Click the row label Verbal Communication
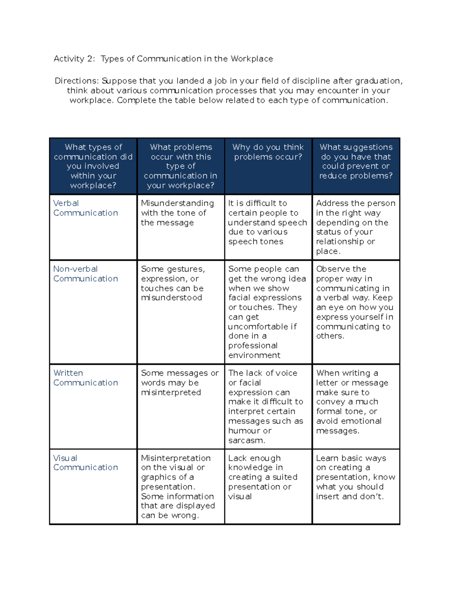point(85,208)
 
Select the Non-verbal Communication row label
point(85,274)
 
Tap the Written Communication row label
point(85,378)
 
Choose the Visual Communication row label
point(85,462)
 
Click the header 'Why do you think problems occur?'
point(268,152)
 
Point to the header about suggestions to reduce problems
point(356,162)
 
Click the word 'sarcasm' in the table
point(246,440)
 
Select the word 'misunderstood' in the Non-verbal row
point(171,297)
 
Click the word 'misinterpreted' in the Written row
point(171,392)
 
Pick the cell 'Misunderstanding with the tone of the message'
point(177,213)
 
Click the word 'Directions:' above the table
point(77,81)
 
